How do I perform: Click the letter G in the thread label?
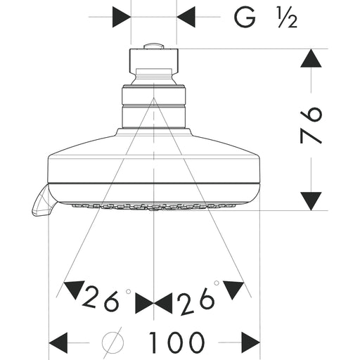point(245,17)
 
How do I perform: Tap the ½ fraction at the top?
point(288,18)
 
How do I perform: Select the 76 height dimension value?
point(311,125)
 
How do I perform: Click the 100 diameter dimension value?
point(176,342)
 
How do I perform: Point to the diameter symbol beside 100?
point(112,342)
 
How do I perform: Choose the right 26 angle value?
point(195,302)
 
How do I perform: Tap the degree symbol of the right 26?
point(217,283)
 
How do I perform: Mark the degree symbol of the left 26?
point(128,292)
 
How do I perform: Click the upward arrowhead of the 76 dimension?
point(311,58)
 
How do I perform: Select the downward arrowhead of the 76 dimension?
point(311,201)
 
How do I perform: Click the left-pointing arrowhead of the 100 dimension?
point(58,342)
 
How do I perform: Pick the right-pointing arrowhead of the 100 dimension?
point(251,342)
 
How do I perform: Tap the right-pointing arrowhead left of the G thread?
point(122,17)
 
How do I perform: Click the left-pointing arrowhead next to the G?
point(186,17)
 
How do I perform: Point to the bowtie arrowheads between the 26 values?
point(154,304)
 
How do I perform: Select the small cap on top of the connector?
point(153,46)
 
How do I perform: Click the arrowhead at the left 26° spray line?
point(74,290)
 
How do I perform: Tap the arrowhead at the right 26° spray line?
point(233,290)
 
